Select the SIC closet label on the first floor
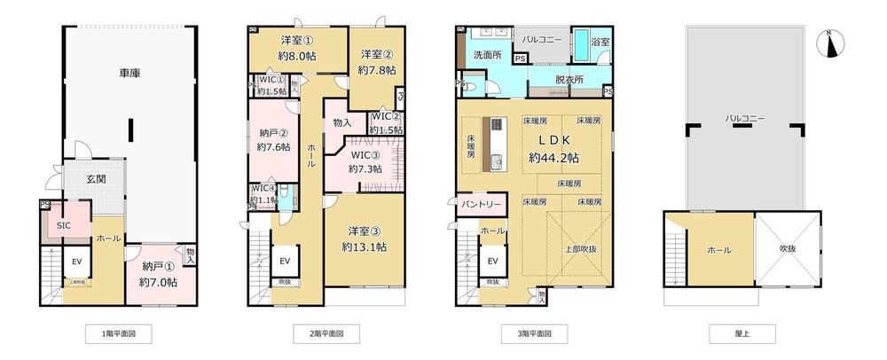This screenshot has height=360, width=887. point(65,225)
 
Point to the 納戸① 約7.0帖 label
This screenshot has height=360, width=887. point(159,274)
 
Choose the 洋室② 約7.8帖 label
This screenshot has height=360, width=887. point(375,60)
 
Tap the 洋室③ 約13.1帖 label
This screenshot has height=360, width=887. point(363,240)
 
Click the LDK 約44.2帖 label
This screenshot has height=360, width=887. point(553,149)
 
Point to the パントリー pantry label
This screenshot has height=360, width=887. point(482,205)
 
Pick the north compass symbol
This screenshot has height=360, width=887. point(828,43)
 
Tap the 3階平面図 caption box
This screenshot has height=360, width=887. point(531,334)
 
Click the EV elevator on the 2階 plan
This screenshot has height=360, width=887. point(286,261)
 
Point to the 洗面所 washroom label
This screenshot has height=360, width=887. point(487,55)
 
